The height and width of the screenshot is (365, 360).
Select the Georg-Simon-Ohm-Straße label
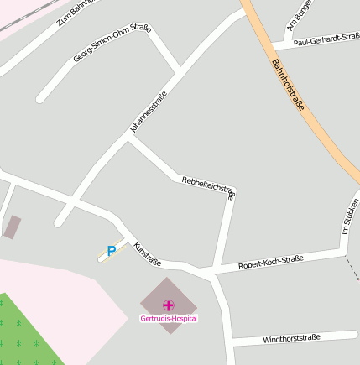(112, 43)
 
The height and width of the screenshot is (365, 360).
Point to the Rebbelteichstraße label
(209, 186)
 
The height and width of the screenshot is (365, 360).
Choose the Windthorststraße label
(291, 338)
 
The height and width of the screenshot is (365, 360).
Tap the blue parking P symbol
(112, 250)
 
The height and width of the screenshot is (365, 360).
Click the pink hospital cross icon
(169, 305)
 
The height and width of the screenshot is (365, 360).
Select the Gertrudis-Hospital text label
(169, 319)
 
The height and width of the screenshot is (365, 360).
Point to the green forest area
(25, 336)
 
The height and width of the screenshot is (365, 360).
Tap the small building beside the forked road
(12, 227)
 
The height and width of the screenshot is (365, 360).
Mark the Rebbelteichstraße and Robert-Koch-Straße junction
(217, 271)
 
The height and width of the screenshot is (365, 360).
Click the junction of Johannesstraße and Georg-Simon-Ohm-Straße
(178, 66)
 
